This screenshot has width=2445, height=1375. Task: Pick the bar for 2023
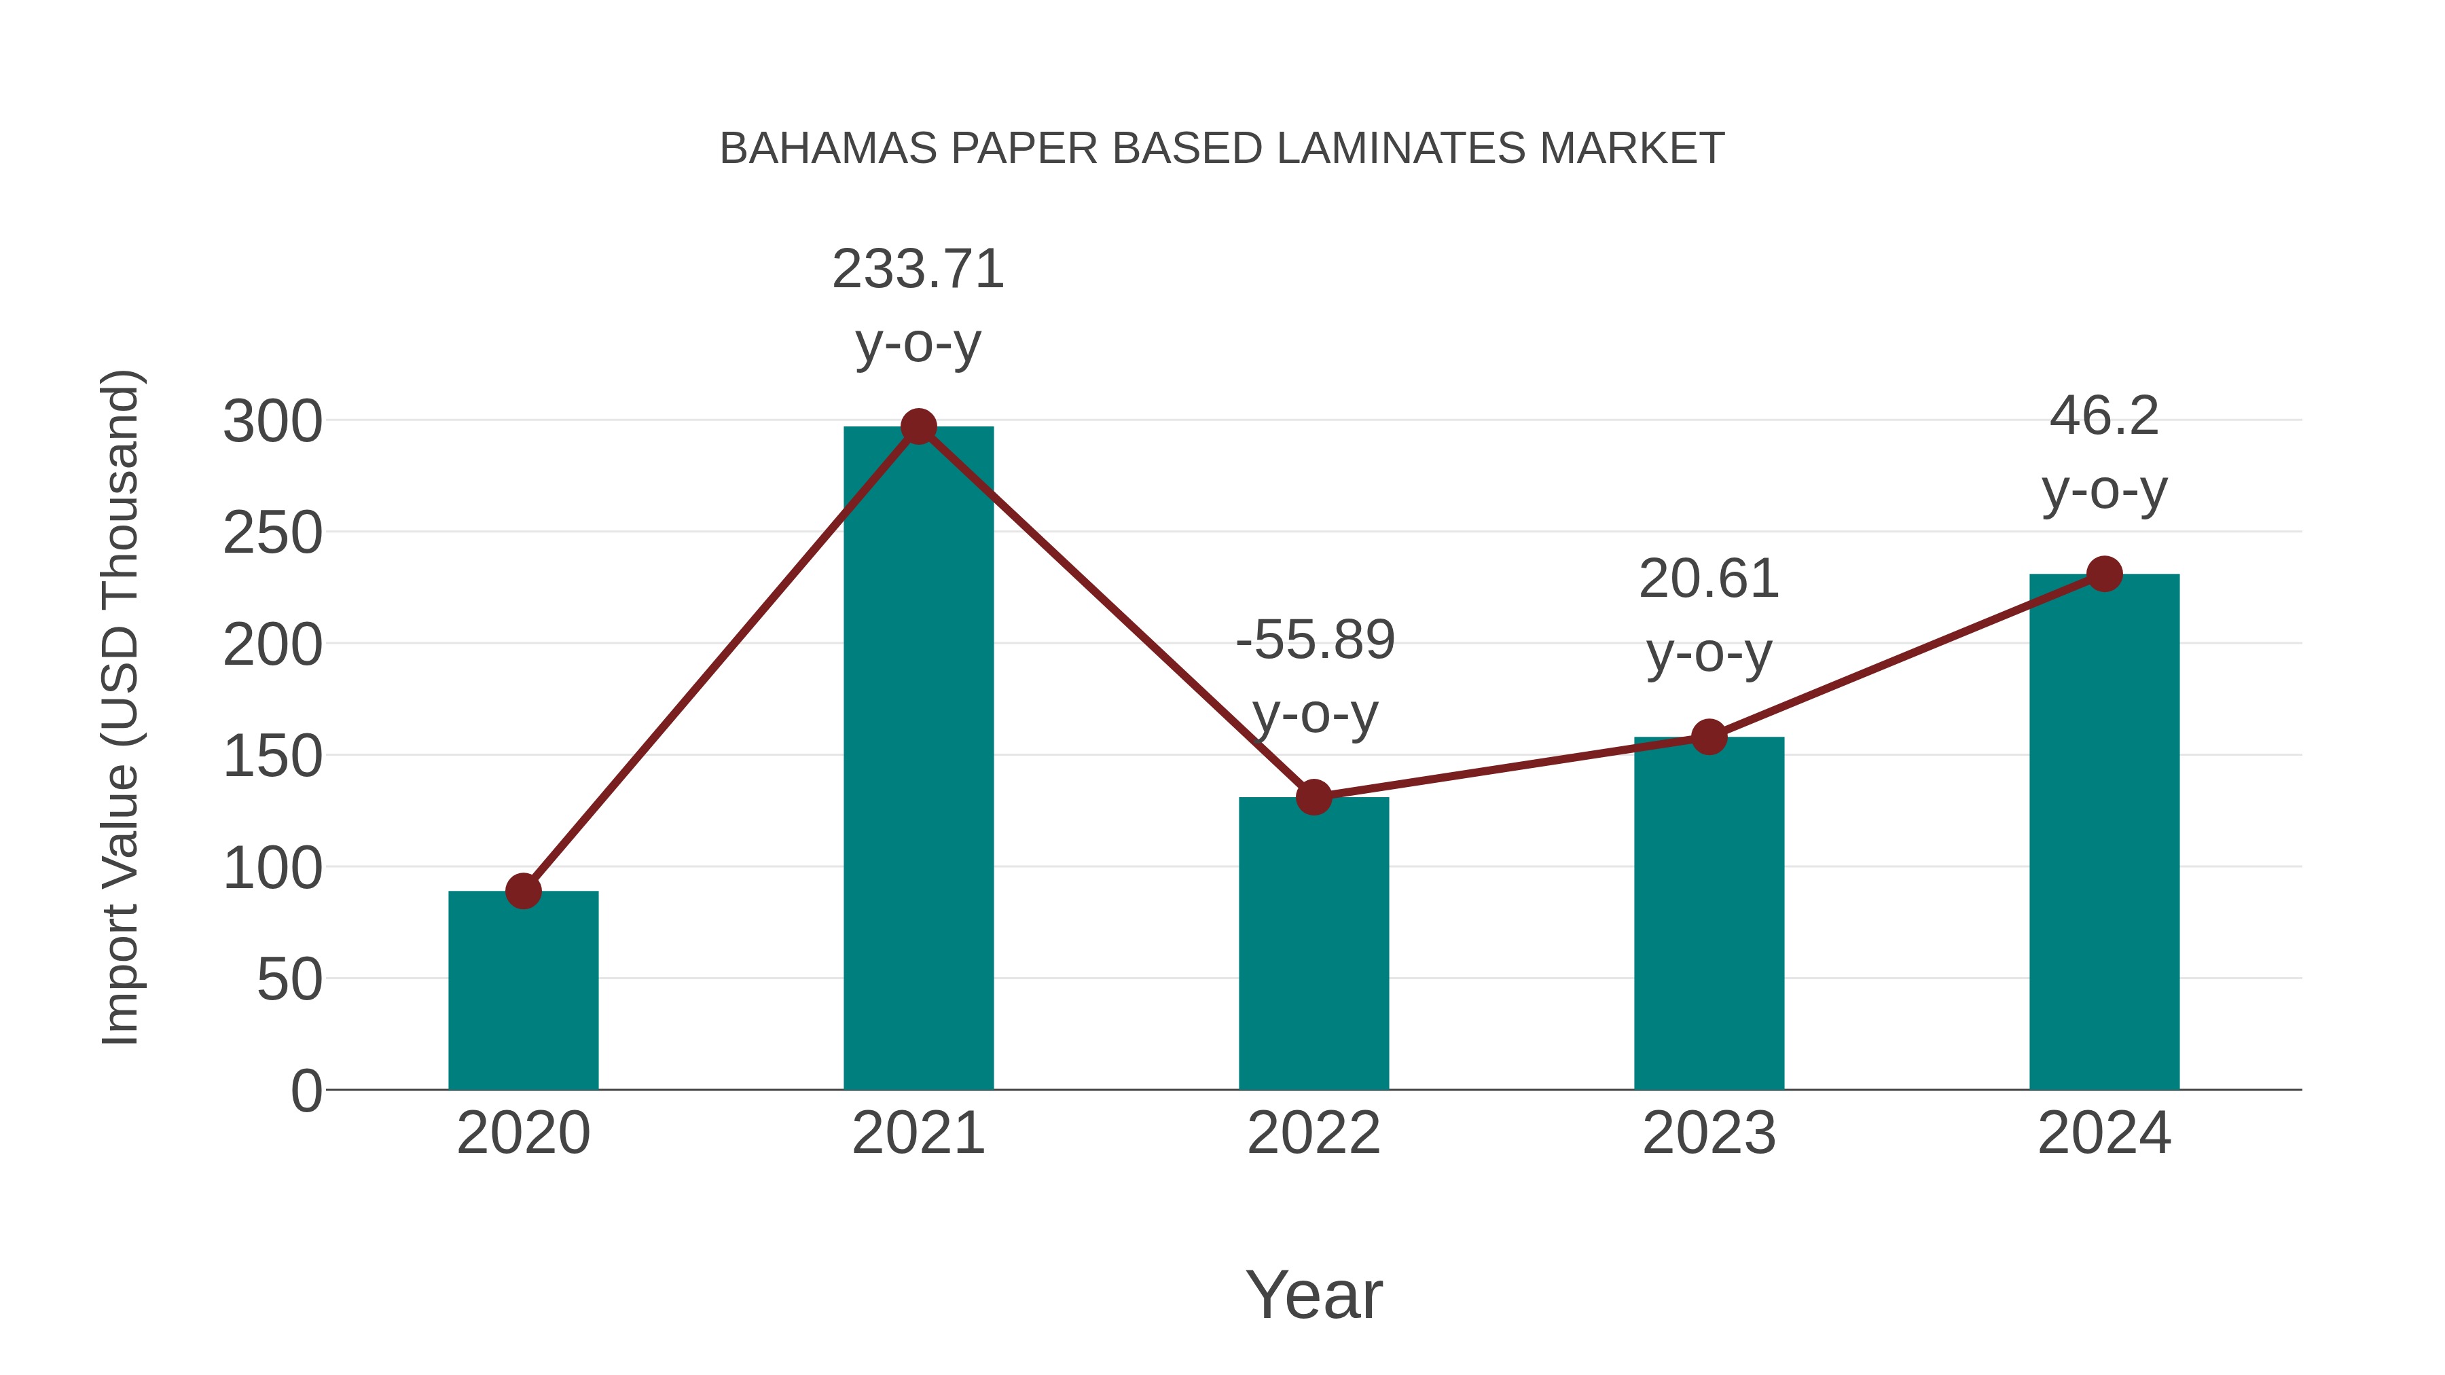[x=1709, y=913]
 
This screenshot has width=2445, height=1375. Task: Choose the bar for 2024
[x=2104, y=831]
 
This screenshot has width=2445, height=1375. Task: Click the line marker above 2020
[x=523, y=891]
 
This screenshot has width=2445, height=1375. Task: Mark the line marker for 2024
[x=2104, y=574]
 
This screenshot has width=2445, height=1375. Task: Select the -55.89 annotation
[x=1315, y=640]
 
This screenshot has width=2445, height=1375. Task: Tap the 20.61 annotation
[x=1709, y=580]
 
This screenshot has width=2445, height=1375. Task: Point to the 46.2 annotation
[x=2104, y=417]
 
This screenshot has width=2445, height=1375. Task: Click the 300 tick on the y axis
[x=272, y=422]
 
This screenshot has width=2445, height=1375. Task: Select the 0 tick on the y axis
[x=306, y=1091]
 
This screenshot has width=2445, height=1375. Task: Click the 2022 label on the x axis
[x=1314, y=1134]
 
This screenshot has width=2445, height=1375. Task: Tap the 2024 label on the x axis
[x=2104, y=1134]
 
